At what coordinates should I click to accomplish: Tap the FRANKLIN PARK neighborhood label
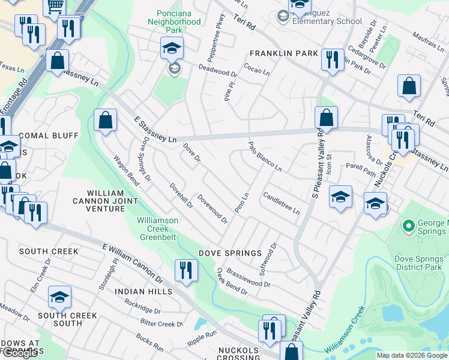click(284, 53)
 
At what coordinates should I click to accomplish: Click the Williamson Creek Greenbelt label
click(157, 228)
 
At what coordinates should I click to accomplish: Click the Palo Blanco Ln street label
click(265, 156)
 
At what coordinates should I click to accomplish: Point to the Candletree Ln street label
click(281, 203)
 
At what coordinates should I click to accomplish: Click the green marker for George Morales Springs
click(408, 226)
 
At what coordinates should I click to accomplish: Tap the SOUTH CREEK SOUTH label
click(59, 319)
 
